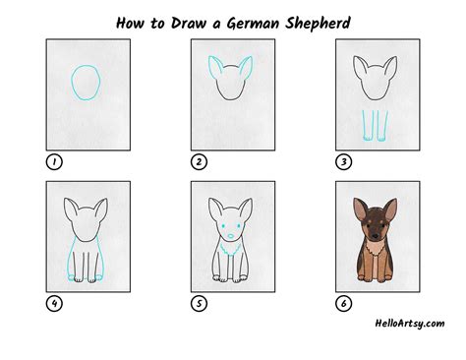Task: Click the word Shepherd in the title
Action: tap(314, 19)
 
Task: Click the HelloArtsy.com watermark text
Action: tap(408, 322)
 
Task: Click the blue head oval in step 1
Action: tap(86, 83)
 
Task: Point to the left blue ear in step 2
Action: tap(215, 70)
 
